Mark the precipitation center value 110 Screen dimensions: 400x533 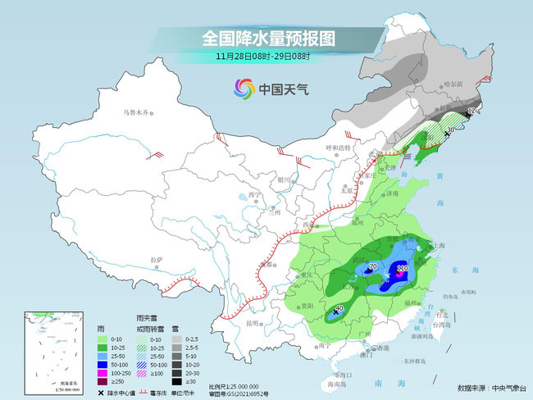402,268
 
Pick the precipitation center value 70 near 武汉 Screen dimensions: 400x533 372,267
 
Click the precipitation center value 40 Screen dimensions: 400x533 340,309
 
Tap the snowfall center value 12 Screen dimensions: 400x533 471,110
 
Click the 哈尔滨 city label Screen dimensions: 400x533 453,84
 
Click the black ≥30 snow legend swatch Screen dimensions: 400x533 176,381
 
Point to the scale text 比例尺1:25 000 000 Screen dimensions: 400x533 235,385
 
